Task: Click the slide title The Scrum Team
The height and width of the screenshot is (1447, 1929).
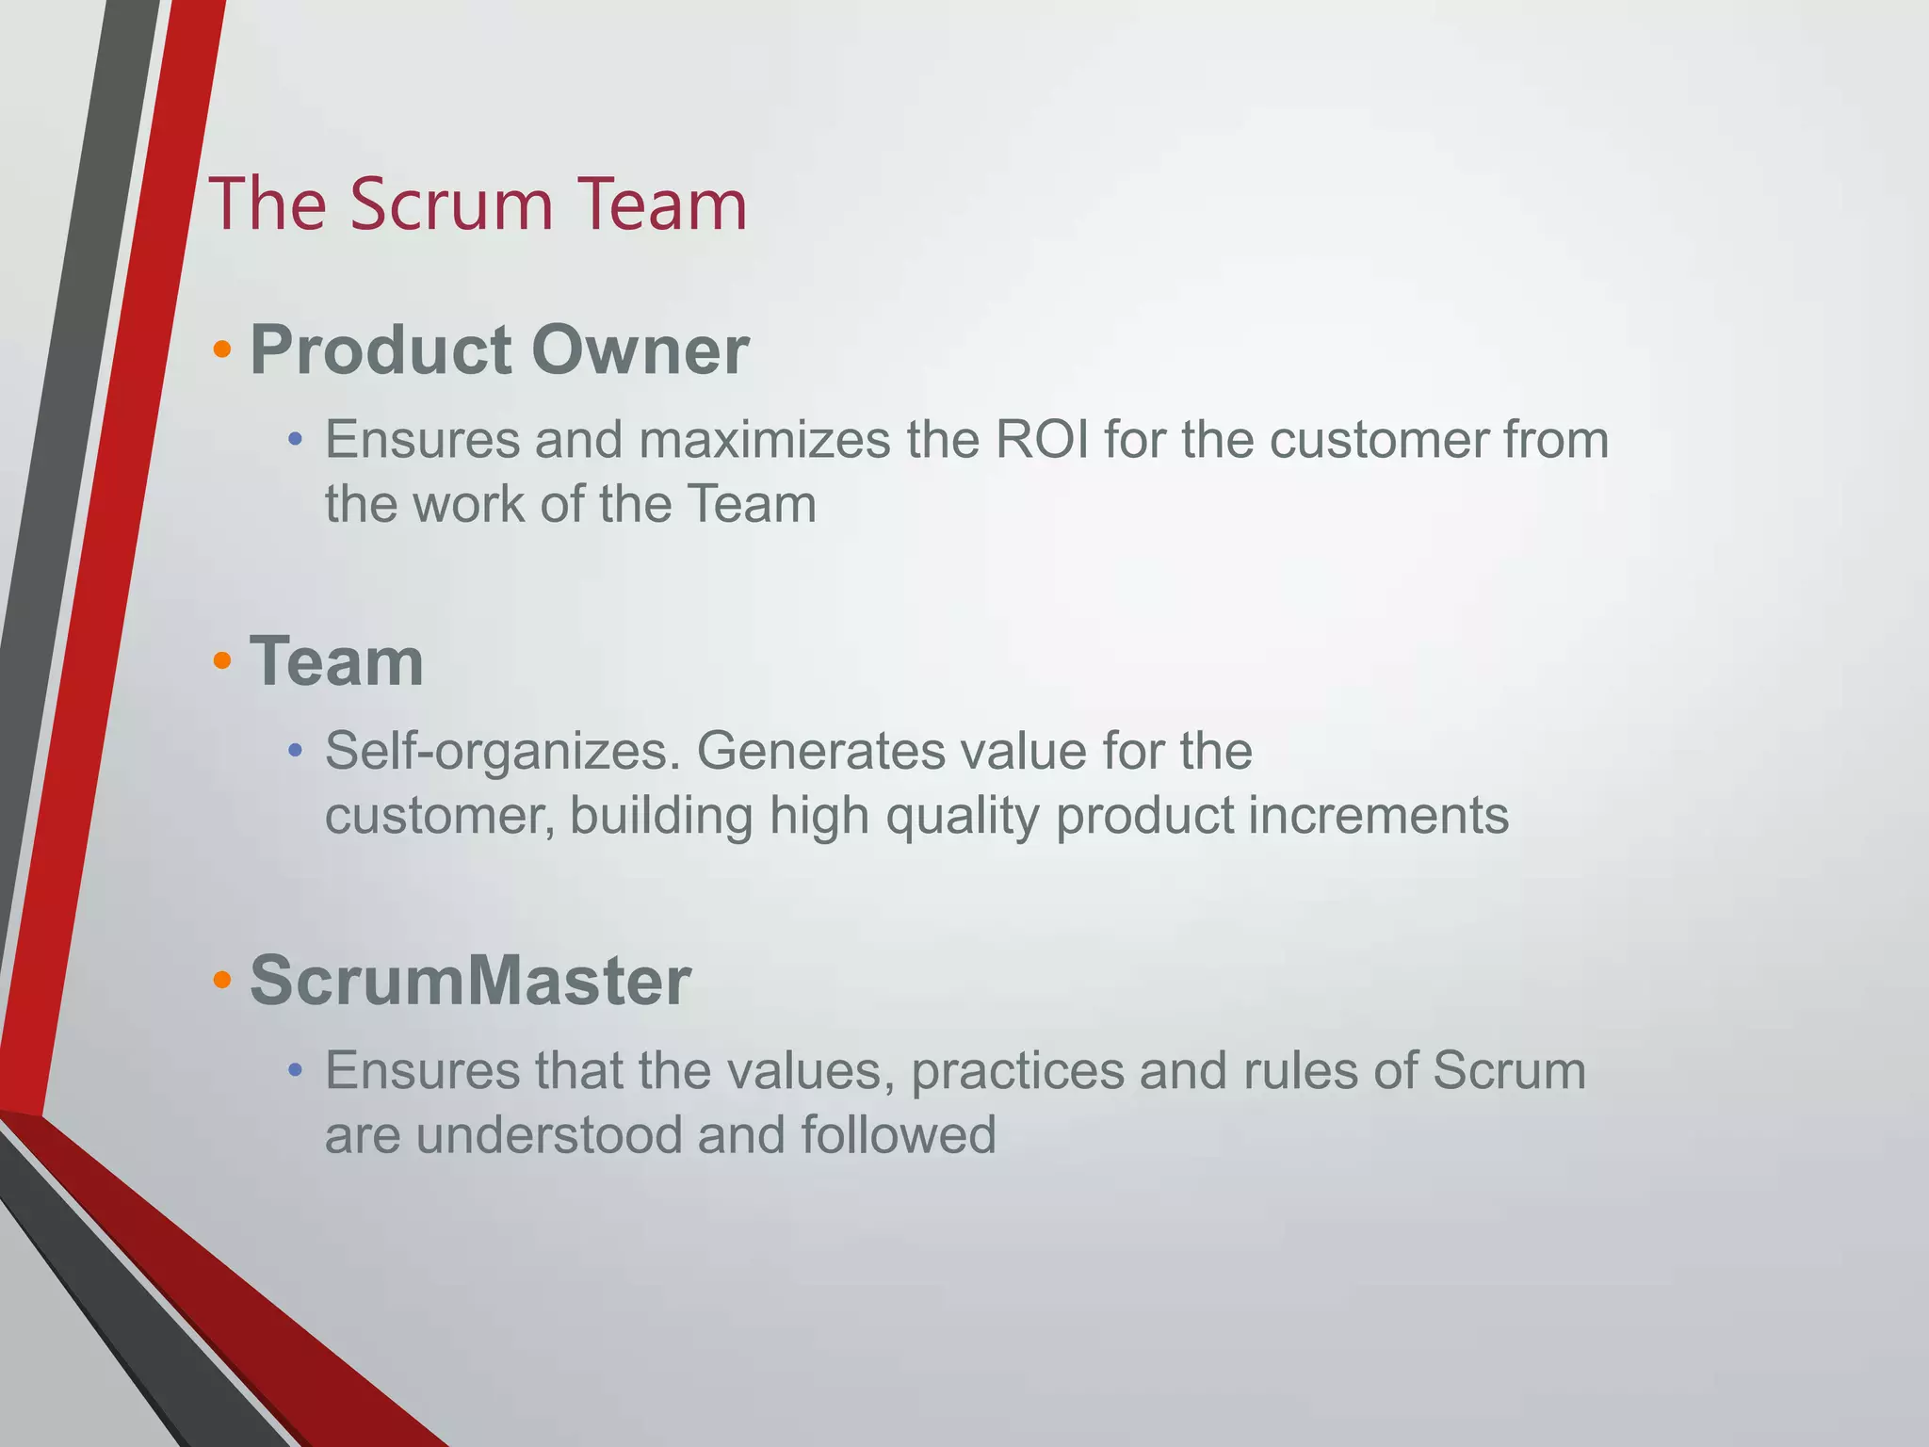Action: [x=478, y=204]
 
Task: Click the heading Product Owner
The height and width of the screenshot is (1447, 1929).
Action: [x=498, y=350]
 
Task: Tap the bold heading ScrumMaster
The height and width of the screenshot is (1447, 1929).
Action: [x=470, y=981]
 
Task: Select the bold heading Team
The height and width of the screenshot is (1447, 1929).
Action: [x=336, y=661]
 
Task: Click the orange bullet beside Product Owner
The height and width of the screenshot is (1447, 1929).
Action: [x=222, y=350]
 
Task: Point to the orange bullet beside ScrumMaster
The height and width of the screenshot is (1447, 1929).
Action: [x=222, y=981]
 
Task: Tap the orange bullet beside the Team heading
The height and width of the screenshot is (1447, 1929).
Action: [x=222, y=661]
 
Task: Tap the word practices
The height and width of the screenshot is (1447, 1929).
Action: [x=1017, y=1072]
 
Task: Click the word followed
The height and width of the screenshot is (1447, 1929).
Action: [x=899, y=1135]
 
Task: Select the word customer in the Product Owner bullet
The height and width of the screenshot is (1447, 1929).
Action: [x=1378, y=440]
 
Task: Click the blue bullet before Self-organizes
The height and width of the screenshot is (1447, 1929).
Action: [x=296, y=751]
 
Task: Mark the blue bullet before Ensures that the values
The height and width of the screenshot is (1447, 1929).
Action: [x=296, y=1070]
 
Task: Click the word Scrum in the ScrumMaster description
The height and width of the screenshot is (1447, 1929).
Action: [x=1509, y=1071]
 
